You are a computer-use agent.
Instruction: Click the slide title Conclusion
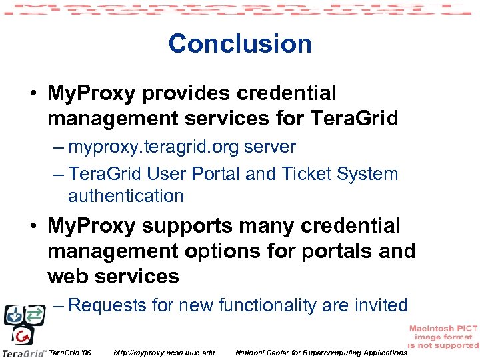pos(240,43)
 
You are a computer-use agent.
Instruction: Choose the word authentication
pos(125,196)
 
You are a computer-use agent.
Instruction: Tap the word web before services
pos(67,276)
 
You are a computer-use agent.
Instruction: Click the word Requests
pos(107,305)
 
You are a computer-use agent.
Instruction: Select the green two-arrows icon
pos(33,313)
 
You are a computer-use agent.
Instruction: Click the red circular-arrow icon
pos(23,335)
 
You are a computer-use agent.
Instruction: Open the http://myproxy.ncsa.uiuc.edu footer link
pos(165,352)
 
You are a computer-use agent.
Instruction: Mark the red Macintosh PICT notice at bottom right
pos(443,337)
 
